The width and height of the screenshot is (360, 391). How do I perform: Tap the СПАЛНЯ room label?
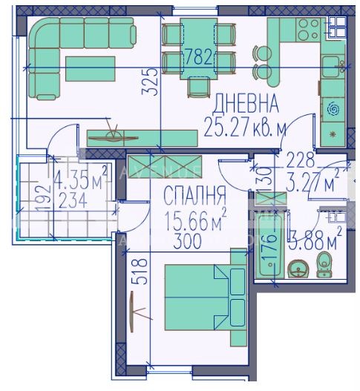194,197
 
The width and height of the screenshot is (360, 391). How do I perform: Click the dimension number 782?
198,57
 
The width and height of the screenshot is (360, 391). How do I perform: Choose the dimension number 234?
72,200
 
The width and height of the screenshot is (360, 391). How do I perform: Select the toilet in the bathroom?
324,264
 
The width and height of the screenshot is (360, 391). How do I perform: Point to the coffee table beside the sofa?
91,68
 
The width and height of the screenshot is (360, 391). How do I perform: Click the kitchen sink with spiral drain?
332,109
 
